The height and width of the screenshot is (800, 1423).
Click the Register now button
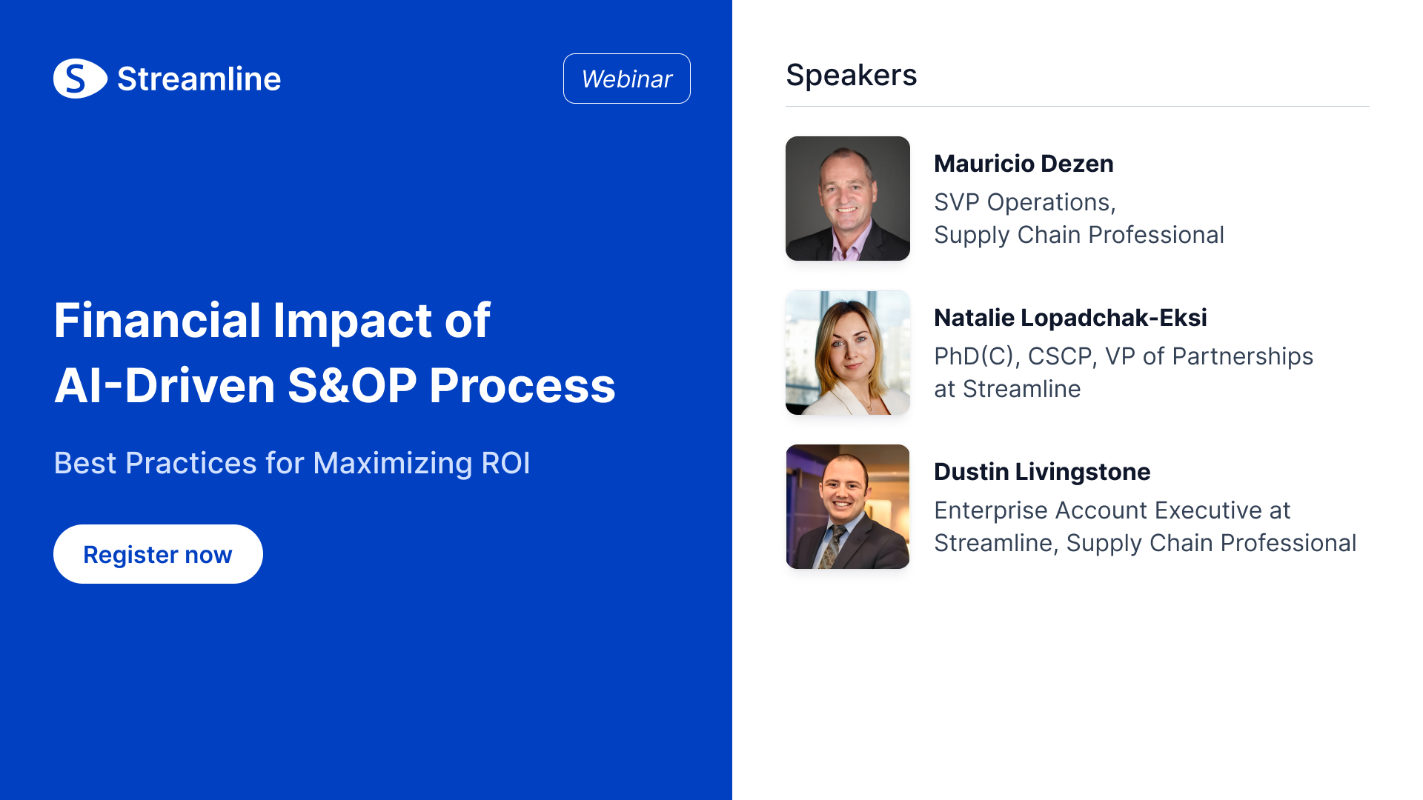pyautogui.click(x=158, y=554)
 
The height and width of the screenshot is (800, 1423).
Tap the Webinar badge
pyautogui.click(x=627, y=79)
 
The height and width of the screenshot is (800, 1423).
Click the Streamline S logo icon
pyautogui.click(x=80, y=79)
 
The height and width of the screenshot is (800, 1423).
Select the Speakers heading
pyautogui.click(x=852, y=75)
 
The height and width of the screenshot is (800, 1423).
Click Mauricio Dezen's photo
pyautogui.click(x=848, y=199)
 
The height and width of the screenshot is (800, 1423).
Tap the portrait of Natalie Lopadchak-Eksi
pyautogui.click(x=848, y=353)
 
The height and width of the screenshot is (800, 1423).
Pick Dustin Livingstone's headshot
pyautogui.click(x=848, y=507)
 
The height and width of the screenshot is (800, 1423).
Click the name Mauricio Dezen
pyautogui.click(x=1024, y=164)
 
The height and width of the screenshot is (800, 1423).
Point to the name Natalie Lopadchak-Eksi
pyautogui.click(x=1070, y=318)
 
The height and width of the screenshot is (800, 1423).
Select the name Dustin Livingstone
pyautogui.click(x=1042, y=472)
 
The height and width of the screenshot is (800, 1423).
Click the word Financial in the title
pyautogui.click(x=157, y=321)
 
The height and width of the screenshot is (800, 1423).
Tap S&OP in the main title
pyautogui.click(x=353, y=386)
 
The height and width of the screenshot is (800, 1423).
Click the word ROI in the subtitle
pyautogui.click(x=506, y=464)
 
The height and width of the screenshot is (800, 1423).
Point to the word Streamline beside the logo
pyautogui.click(x=199, y=79)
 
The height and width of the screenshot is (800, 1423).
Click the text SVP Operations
pyautogui.click(x=1023, y=202)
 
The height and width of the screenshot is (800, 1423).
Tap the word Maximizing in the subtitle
pyautogui.click(x=393, y=464)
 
